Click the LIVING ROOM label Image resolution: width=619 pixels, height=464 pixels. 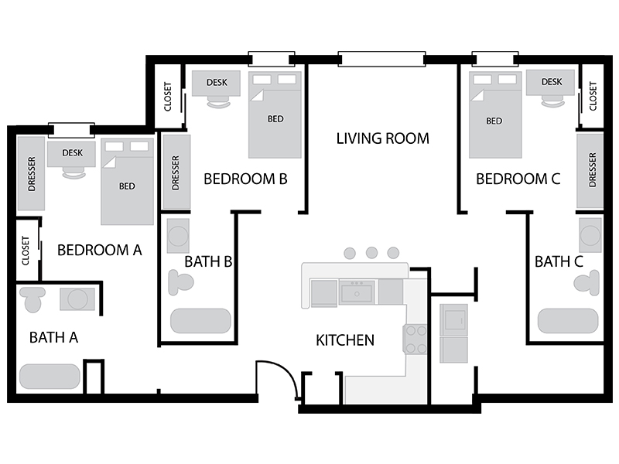[382, 138]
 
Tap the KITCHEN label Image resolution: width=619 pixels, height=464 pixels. [345, 340]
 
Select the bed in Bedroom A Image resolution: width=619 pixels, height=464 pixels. [127, 182]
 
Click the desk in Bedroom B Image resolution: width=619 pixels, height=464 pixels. [216, 84]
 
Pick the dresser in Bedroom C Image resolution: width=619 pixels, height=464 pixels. [590, 171]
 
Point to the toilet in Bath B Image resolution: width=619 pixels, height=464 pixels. [180, 282]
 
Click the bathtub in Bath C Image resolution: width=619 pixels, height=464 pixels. [568, 321]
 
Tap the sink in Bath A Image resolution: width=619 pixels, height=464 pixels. [77, 299]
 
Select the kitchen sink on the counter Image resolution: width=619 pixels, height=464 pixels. [357, 292]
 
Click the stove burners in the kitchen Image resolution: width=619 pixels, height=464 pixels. [416, 339]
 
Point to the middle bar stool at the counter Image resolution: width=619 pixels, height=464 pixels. [371, 253]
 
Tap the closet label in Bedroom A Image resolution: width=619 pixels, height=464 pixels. [26, 251]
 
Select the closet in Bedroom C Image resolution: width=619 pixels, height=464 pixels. [592, 96]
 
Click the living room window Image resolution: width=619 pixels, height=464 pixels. [381, 60]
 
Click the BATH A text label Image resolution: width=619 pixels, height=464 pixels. [53, 338]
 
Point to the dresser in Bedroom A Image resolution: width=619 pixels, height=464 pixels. [31, 173]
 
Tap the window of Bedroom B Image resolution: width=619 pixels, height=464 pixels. [272, 60]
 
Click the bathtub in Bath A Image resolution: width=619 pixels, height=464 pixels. [50, 377]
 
